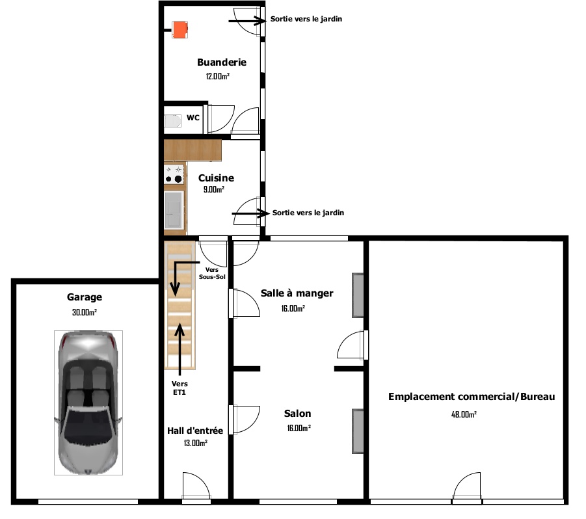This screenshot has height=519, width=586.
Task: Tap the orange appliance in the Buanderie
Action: tap(180, 30)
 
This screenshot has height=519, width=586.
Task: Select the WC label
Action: tap(193, 118)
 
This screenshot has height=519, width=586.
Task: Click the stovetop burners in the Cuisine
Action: tap(174, 174)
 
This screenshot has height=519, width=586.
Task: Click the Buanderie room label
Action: tap(221, 62)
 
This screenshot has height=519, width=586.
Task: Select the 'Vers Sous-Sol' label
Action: tap(211, 273)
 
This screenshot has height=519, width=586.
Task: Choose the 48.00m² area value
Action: tap(464, 414)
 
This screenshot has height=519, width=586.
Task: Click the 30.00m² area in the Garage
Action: tap(85, 312)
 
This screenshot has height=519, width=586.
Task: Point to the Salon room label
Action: tap(297, 414)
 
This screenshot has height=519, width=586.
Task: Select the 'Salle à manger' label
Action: tap(297, 293)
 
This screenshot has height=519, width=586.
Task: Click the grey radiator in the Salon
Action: tap(357, 431)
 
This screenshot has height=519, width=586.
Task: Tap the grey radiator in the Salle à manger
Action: tap(358, 295)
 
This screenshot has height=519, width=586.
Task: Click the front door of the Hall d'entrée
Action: tap(196, 489)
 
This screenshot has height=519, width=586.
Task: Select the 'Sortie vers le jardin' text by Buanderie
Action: tap(306, 19)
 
